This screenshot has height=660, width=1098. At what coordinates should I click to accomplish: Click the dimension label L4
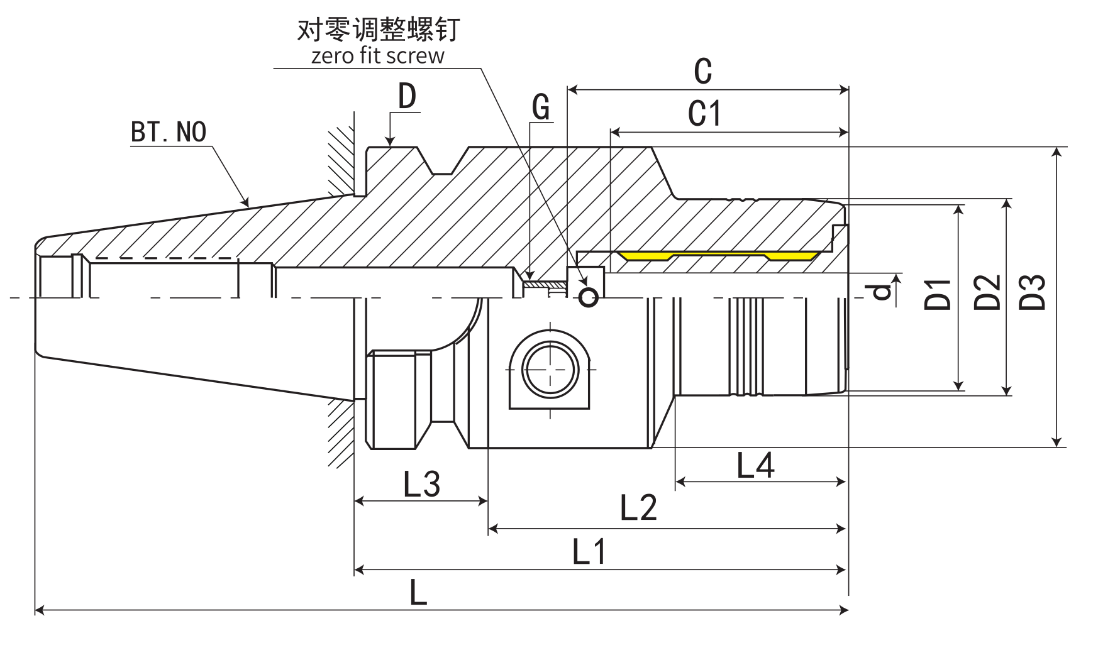(x=755, y=466)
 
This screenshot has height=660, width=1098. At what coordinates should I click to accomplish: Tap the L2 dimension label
(x=638, y=507)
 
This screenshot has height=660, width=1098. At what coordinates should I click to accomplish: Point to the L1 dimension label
(x=589, y=552)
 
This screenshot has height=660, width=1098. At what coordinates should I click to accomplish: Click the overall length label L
(x=418, y=592)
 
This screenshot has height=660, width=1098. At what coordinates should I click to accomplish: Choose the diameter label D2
(x=987, y=292)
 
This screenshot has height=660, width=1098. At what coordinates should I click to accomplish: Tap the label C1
(x=705, y=114)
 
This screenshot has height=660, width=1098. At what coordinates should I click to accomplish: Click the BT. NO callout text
(x=169, y=132)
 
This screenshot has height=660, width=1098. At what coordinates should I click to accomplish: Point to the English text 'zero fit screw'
(x=378, y=55)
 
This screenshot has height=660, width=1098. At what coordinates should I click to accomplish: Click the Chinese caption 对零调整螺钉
(x=378, y=29)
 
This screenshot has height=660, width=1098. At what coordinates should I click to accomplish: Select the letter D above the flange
(x=408, y=97)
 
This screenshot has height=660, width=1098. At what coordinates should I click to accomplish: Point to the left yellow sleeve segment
(x=645, y=255)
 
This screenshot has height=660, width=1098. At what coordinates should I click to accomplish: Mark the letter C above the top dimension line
(x=703, y=71)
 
